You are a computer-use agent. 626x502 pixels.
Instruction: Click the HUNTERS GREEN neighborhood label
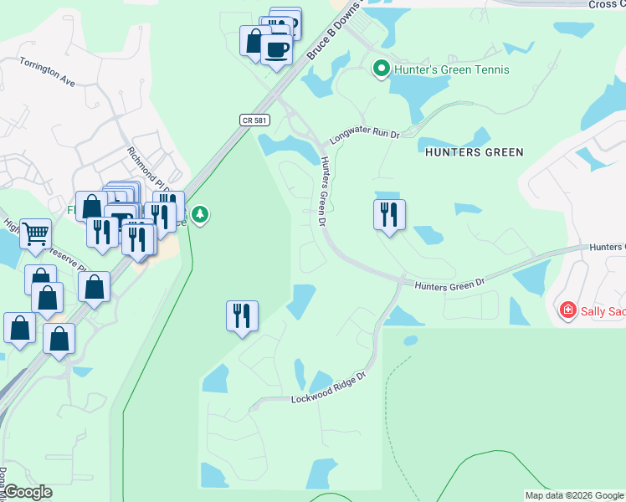click(475, 152)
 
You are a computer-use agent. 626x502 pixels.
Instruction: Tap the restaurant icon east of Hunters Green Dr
click(389, 215)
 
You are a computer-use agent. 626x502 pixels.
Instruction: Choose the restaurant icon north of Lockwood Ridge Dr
click(242, 315)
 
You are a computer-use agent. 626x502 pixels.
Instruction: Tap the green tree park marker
click(199, 215)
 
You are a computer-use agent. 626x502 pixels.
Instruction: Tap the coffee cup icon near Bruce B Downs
click(276, 49)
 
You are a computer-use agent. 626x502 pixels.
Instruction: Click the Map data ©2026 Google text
click(574, 495)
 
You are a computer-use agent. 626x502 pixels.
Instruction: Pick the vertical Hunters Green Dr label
click(321, 192)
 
